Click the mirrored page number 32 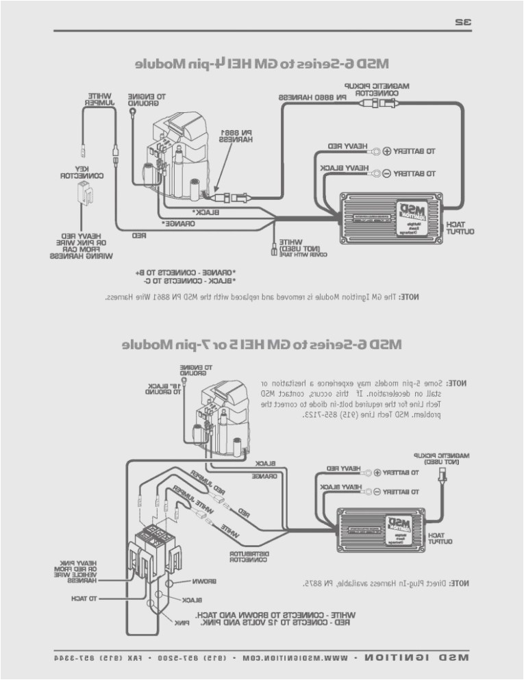click(x=463, y=21)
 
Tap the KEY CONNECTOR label click(x=81, y=172)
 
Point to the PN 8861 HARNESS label click(x=236, y=135)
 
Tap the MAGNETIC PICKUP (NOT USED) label click(x=440, y=458)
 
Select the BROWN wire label click(x=204, y=581)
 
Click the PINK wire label click(x=182, y=622)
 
